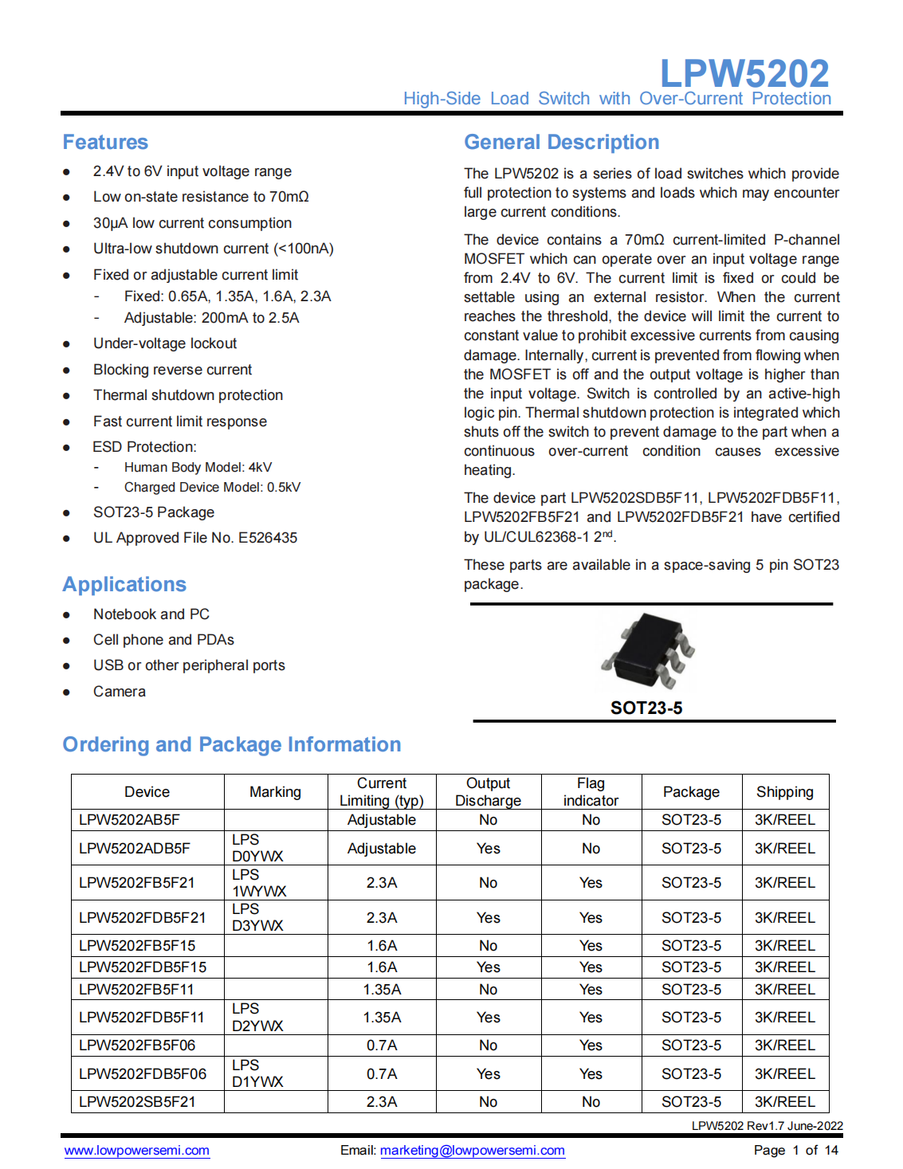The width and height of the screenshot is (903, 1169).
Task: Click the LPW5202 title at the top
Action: [x=744, y=73]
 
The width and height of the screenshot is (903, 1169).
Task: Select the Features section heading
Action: [x=105, y=142]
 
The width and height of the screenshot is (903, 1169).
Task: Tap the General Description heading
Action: [x=561, y=142]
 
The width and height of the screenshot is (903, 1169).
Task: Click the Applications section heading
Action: [x=124, y=584]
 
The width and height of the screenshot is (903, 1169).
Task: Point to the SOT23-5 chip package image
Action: [x=647, y=651]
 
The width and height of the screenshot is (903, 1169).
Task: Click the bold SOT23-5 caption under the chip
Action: [x=646, y=708]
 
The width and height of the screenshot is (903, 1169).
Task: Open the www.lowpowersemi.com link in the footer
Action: [x=137, y=1150]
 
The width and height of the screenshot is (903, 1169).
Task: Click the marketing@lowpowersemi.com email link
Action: [x=473, y=1150]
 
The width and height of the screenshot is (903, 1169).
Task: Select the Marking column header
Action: [x=275, y=791]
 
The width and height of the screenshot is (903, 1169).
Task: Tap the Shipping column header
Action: [x=784, y=791]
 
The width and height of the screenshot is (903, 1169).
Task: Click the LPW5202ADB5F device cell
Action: [x=135, y=848]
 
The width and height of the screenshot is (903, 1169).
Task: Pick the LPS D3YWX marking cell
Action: [x=257, y=917]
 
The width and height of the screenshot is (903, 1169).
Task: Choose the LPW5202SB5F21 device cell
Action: [x=137, y=1101]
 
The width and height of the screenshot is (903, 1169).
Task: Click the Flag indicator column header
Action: [x=591, y=791]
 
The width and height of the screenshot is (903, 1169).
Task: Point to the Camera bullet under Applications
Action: [x=120, y=691]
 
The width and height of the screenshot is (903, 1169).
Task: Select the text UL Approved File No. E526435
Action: [x=195, y=538]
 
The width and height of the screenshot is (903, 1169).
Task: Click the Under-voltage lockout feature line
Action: [x=165, y=343]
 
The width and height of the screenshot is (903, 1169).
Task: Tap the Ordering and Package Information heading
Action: [x=231, y=744]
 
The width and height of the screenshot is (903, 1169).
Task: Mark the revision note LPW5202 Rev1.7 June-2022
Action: [x=767, y=1125]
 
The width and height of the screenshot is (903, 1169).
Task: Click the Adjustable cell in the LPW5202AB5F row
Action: [x=381, y=819]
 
